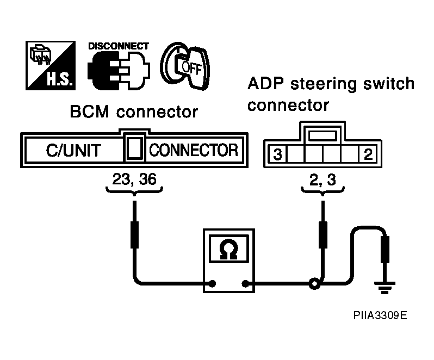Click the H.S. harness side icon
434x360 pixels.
coord(51,66)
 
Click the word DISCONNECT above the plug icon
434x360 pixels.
coord(119,46)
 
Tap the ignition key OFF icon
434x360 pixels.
coord(185,66)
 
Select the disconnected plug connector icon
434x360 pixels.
coord(119,71)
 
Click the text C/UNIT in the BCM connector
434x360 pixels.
coord(73,151)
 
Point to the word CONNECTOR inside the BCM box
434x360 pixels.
coord(194,150)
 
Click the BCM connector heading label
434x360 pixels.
coord(134,112)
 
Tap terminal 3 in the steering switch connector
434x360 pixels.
coord(277,154)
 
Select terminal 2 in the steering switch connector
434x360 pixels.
coord(368,154)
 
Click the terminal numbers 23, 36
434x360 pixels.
coord(134,179)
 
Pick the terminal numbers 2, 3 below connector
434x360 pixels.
coord(323,179)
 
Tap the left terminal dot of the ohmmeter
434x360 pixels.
coord(212,284)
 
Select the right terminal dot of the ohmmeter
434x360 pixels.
coord(245,284)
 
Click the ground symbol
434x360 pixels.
coord(385,288)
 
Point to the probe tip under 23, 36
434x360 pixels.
coord(134,201)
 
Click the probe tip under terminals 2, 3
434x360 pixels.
coord(323,201)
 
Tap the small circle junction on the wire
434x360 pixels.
coord(314,284)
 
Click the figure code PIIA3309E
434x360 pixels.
coord(380,315)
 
